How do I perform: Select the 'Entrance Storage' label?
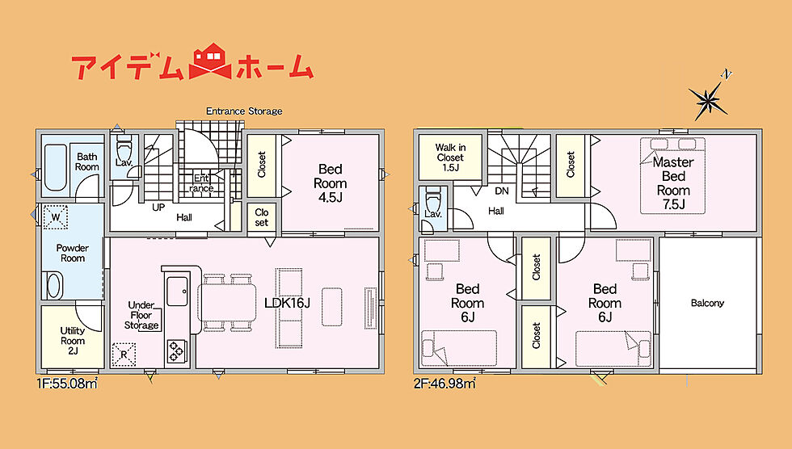pos(244,111)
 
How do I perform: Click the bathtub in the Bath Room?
pos(55,168)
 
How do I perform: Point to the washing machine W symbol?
pos(56,217)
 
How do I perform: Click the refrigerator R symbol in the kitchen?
pos(124,355)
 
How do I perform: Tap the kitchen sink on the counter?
pos(177,291)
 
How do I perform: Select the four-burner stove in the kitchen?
pos(177,350)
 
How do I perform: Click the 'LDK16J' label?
pos(287,303)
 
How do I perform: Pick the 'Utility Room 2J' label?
pos(73,341)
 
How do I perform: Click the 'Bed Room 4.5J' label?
pos(331,183)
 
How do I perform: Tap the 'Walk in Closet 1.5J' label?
pos(450,157)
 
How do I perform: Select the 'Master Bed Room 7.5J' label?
pos(673,183)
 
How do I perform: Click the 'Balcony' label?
pos(707,303)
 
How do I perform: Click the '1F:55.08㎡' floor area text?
pos(67,384)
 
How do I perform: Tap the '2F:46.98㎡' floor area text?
pos(445,384)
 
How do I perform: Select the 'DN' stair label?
pos(502,191)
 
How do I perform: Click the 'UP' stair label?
pos(158,208)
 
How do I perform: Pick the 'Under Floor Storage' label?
pos(141,315)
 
